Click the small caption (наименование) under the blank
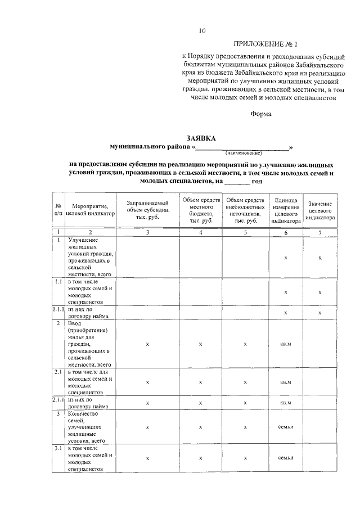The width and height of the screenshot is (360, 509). click(244, 153)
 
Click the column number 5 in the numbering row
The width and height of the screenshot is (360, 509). click(246, 232)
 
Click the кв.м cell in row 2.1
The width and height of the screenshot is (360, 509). click(286, 382)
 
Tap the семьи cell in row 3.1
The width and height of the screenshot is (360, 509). click(286, 458)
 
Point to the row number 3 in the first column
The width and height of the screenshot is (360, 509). click(58, 413)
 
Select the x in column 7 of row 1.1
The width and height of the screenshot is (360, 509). click(319, 292)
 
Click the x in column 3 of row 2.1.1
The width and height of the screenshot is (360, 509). click(148, 403)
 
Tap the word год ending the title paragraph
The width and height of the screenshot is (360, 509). click(257, 182)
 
